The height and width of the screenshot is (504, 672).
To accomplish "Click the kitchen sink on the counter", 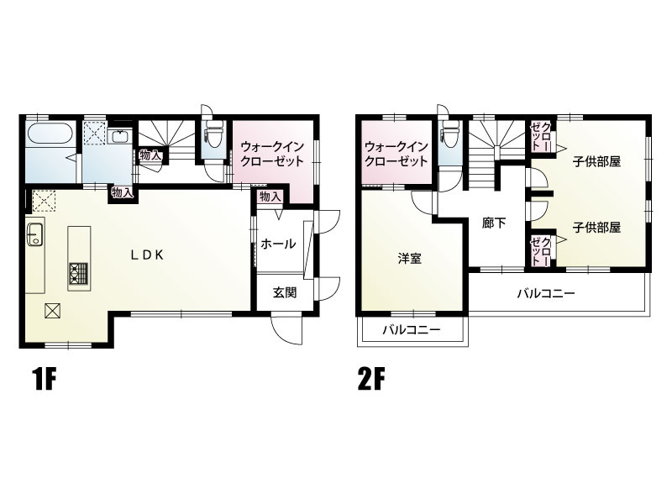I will click(x=35, y=234).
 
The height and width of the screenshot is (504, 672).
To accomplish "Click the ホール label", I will click(x=278, y=244).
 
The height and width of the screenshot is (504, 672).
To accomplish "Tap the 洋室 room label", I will click(x=410, y=258).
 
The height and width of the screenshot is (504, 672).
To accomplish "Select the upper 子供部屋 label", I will click(x=597, y=161).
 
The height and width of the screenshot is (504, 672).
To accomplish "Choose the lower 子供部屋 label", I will click(x=597, y=227).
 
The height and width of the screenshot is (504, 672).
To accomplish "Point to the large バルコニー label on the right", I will click(x=545, y=294).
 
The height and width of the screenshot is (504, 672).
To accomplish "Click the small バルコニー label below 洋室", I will click(x=412, y=330).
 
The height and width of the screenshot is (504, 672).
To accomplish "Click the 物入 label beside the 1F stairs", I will click(x=150, y=155).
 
